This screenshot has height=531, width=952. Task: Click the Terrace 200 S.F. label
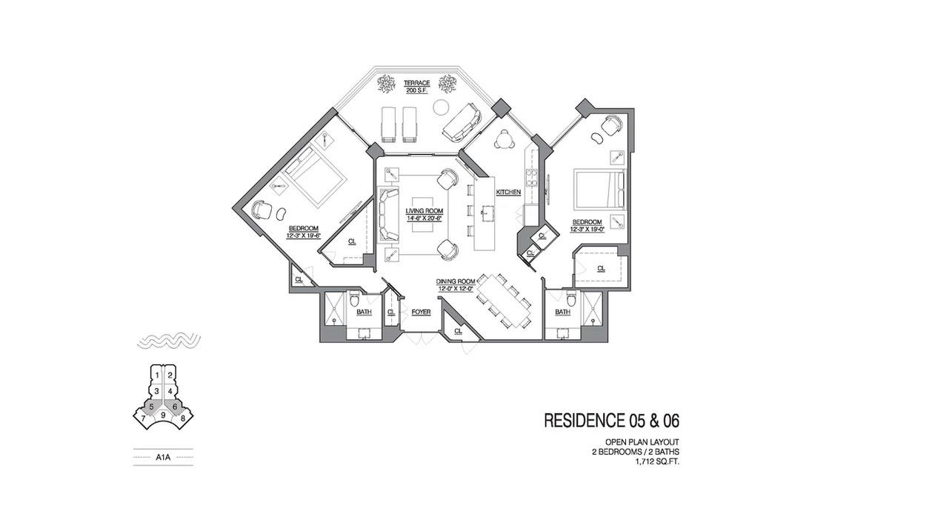[416, 86]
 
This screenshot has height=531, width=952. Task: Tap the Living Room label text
[425, 211]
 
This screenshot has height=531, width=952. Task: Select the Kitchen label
[508, 193]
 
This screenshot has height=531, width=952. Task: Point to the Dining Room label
[455, 281]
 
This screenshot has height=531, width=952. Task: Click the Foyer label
[421, 313]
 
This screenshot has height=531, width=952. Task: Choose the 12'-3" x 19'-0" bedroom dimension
[587, 230]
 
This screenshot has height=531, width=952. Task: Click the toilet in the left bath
[354, 299]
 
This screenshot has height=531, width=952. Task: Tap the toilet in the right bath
[571, 299]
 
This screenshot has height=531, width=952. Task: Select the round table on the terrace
[439, 107]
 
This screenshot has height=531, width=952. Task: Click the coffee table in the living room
[423, 215]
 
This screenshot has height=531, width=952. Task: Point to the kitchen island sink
[487, 213]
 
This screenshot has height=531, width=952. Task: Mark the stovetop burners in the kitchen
[532, 178]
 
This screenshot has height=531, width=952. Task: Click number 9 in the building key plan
[163, 415]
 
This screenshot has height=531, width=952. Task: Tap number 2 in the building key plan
[170, 375]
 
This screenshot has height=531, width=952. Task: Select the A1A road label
[163, 458]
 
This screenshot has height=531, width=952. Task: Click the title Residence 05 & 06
[611, 420]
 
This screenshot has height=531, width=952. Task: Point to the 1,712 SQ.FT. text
[657, 462]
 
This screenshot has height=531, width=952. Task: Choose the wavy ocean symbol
[169, 341]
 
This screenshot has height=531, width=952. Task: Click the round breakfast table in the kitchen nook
[505, 138]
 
